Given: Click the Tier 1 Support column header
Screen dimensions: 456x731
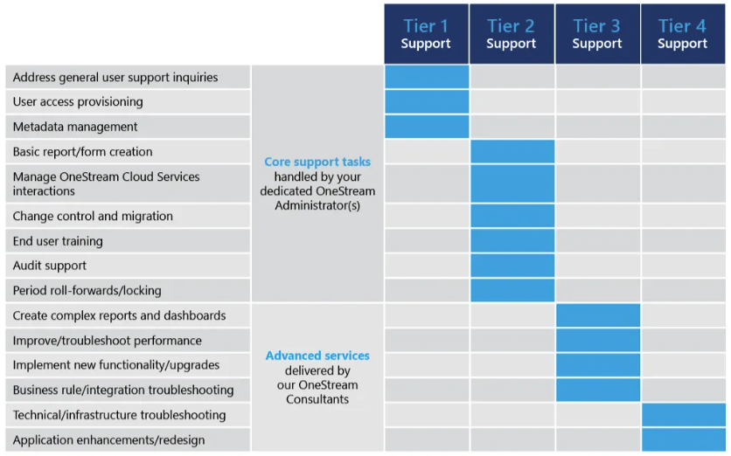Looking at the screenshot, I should [x=426, y=34].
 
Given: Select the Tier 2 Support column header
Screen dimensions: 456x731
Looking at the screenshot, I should [x=512, y=34].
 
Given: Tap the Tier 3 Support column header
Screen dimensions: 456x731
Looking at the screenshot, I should [x=597, y=34].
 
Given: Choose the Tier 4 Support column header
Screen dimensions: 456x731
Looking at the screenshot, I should [x=683, y=34].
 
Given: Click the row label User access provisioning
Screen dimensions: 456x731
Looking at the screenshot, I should [x=78, y=102].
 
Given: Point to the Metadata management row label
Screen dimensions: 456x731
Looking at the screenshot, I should [x=75, y=127].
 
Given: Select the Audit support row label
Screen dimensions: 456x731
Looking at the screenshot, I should [x=50, y=266].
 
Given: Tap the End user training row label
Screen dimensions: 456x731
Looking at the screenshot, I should [x=58, y=241].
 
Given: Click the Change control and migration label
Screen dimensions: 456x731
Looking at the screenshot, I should [x=93, y=216].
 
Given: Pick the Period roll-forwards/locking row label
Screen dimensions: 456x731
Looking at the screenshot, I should [x=87, y=290].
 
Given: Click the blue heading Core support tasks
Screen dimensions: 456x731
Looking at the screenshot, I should [x=317, y=162].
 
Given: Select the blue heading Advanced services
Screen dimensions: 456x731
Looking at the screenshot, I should [x=317, y=356].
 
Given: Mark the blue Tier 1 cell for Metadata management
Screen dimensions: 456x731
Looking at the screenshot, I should [x=427, y=127].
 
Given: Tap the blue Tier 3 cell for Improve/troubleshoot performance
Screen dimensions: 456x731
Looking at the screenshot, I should [x=598, y=341].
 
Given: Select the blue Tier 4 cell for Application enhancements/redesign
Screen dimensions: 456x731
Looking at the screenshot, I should [x=684, y=439].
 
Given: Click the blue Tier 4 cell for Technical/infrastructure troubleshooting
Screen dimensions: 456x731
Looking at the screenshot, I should [x=684, y=415].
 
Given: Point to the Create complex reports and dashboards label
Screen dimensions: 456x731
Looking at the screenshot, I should [x=119, y=315].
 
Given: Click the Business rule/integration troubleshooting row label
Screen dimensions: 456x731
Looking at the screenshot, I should [x=123, y=390].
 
